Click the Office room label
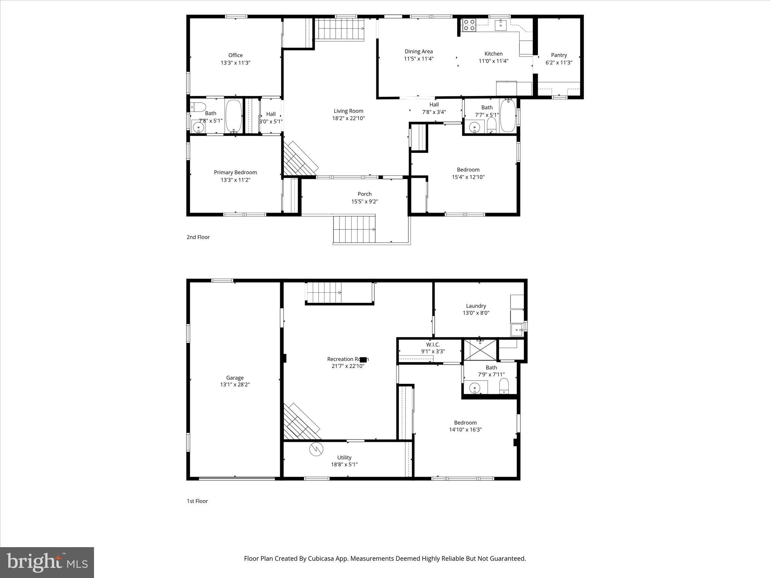coord(235,55)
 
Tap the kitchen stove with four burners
coord(469,25)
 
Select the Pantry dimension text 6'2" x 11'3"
coord(559,63)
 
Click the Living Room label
coord(348,111)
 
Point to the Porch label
coord(364,194)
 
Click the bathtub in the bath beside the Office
coord(233,116)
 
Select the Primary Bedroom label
coord(235,172)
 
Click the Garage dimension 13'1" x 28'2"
coord(235,385)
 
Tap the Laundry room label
coord(476,306)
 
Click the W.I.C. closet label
coord(433,345)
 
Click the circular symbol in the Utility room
coord(316,449)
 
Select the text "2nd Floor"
coord(198,237)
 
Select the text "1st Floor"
coord(197,501)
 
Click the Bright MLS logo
coord(47,562)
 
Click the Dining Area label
coord(418,52)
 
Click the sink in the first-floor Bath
coord(475,387)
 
